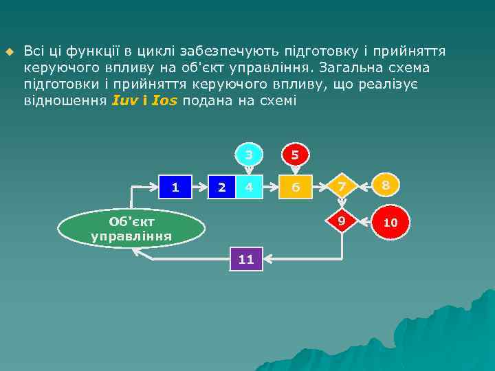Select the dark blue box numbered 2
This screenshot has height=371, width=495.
221,185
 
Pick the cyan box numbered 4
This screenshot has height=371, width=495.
249,185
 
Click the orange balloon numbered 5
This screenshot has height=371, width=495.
294,155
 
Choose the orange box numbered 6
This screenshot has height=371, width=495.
294,185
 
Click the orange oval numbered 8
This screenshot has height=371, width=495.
386,185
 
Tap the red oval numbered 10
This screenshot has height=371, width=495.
390,223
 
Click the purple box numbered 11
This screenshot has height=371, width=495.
246,259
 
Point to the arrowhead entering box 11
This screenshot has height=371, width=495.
267,259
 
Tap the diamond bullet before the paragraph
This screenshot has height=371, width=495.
10,52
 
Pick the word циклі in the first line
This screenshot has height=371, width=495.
155,51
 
